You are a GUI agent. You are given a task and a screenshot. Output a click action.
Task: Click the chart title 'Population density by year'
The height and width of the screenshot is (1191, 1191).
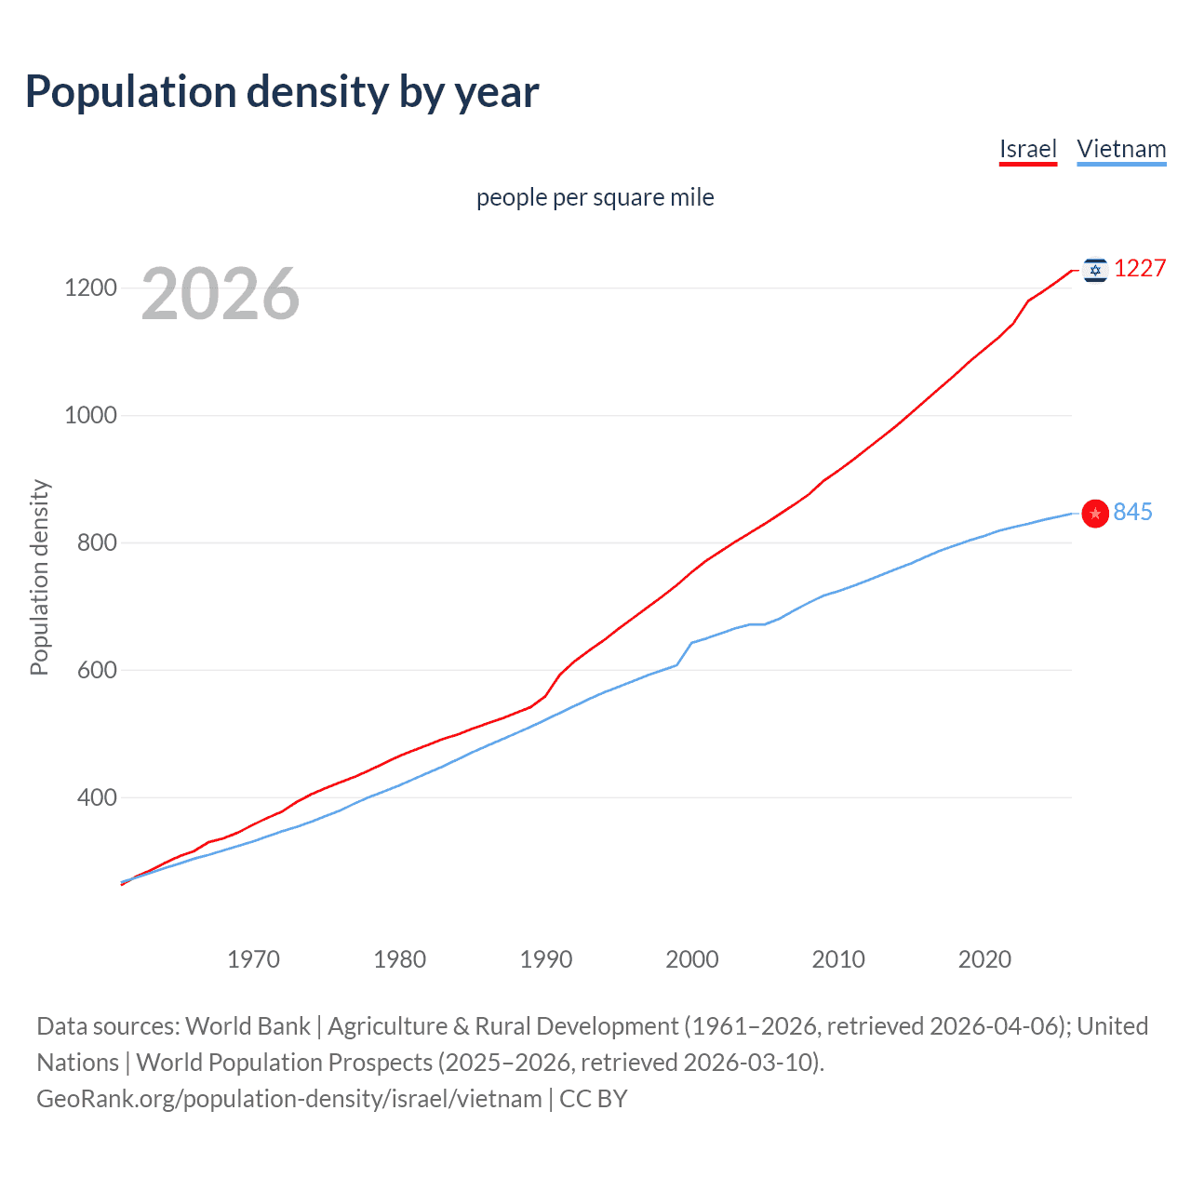click(282, 92)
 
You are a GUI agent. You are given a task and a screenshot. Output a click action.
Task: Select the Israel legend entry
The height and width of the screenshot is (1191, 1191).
click(1027, 149)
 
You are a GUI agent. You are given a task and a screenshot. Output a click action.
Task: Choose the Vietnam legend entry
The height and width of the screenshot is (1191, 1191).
click(1121, 149)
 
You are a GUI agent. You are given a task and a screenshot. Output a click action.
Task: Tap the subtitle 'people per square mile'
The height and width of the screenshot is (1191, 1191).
click(595, 197)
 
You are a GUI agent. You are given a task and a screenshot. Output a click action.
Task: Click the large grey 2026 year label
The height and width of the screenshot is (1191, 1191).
click(221, 294)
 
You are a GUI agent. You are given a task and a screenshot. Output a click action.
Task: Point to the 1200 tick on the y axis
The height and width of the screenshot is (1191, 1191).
click(90, 288)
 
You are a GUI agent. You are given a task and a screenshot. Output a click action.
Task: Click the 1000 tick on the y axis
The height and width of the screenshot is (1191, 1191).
click(90, 415)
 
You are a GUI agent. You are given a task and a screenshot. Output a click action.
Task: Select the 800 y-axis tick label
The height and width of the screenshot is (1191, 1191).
click(97, 542)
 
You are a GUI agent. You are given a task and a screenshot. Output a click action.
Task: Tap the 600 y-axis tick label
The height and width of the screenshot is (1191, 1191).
click(97, 670)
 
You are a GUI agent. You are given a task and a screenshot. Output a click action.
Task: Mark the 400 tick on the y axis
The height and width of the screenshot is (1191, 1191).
click(97, 797)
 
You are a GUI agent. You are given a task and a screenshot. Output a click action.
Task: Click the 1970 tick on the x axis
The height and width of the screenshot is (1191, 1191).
click(253, 959)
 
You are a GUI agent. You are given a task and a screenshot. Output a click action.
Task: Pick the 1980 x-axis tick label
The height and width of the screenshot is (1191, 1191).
click(399, 959)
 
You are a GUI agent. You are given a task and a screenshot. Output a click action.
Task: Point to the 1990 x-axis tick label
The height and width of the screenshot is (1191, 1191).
click(546, 959)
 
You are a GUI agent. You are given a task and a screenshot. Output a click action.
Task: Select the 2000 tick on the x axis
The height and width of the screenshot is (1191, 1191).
click(692, 959)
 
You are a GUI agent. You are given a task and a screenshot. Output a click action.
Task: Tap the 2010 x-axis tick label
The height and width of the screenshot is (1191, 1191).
click(838, 959)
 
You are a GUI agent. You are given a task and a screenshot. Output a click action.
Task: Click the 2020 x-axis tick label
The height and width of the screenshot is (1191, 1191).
click(984, 959)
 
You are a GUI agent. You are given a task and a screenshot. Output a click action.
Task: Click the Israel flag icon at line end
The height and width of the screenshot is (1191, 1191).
click(1095, 270)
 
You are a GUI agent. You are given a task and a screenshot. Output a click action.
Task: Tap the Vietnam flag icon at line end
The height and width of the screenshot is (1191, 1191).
click(1095, 513)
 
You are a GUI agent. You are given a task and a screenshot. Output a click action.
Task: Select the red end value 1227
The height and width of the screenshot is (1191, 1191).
click(1140, 269)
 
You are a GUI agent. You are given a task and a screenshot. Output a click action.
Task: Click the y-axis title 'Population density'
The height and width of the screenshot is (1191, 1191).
click(39, 577)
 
